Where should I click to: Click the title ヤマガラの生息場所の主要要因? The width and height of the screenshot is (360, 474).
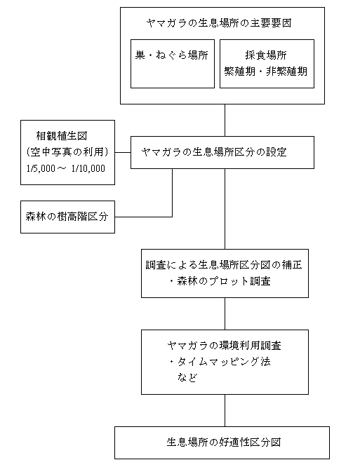click(x=218, y=23)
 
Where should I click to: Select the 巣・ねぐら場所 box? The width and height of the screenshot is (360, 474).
click(x=173, y=64)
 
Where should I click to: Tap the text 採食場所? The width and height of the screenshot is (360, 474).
click(x=266, y=55)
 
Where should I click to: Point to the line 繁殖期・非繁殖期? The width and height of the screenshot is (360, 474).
click(x=266, y=72)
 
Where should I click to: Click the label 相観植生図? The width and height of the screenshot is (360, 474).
click(x=62, y=136)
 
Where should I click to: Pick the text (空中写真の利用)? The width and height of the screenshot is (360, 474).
click(x=67, y=152)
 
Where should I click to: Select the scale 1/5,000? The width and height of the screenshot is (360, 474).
click(x=41, y=168)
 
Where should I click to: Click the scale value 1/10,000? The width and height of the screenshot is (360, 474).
click(x=88, y=168)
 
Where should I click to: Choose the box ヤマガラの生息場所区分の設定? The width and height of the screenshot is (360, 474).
click(x=222, y=152)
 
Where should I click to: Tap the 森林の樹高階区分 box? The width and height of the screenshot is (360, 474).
click(x=68, y=217)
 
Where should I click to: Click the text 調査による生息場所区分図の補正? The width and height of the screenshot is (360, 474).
click(x=224, y=265)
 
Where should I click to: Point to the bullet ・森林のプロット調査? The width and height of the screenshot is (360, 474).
click(x=220, y=281)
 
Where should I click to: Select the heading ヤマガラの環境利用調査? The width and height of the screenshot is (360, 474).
click(x=224, y=346)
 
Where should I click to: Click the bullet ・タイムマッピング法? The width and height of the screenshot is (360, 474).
click(x=220, y=362)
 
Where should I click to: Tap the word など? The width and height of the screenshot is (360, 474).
click(x=187, y=378)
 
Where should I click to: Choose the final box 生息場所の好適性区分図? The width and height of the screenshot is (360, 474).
click(x=222, y=442)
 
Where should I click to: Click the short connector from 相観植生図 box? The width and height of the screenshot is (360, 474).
click(x=123, y=152)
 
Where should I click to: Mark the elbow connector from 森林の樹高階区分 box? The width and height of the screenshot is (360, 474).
click(x=172, y=217)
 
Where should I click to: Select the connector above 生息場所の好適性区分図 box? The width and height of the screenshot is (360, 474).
click(x=225, y=410)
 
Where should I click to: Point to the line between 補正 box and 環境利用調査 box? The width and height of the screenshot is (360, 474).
click(x=225, y=314)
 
